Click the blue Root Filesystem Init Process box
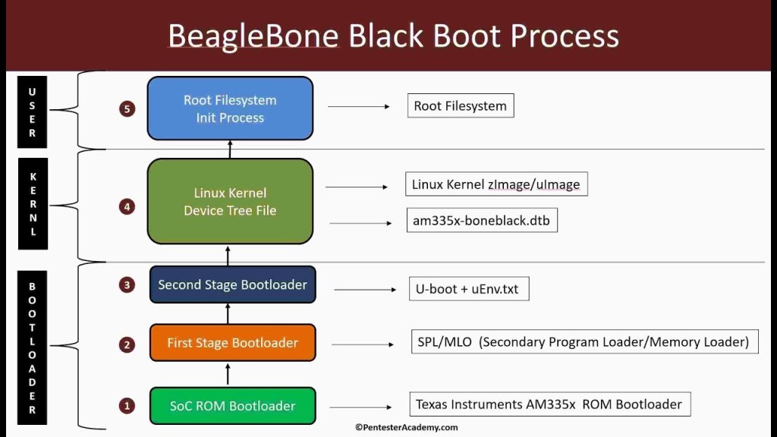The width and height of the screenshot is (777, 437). click(230, 108)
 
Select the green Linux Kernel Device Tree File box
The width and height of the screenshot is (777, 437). click(230, 201)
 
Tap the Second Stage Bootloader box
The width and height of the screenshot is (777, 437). click(232, 285)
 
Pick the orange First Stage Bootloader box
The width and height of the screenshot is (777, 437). click(232, 343)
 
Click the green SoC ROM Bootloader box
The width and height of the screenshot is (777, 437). click(232, 406)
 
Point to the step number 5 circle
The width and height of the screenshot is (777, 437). click(127, 108)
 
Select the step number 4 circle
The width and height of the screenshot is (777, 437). click(127, 206)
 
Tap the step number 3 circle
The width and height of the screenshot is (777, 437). click(127, 285)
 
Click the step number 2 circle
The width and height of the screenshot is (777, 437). click(127, 344)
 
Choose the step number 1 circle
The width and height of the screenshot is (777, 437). click(127, 406)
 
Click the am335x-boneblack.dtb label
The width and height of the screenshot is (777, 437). click(482, 221)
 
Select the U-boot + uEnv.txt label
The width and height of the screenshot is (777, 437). click(469, 289)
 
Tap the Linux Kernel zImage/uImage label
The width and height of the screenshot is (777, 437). click(496, 184)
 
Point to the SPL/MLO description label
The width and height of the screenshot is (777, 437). click(583, 341)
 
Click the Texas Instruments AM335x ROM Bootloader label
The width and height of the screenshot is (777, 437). click(549, 404)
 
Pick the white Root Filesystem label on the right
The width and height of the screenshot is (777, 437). click(461, 105)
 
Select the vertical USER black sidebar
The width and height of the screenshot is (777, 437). click(33, 111)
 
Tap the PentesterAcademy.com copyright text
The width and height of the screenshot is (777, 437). click(406, 428)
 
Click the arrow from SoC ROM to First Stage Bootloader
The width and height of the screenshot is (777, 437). click(228, 373)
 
